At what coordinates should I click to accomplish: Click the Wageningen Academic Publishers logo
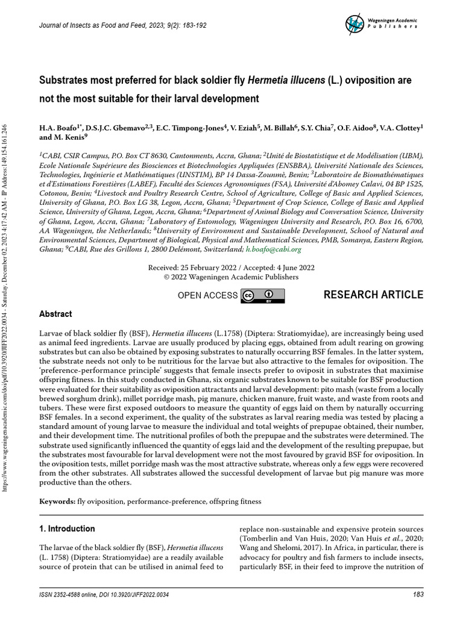[x=381, y=23]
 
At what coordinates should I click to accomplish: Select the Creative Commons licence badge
[x=263, y=295]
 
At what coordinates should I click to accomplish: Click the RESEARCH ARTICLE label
[x=373, y=295]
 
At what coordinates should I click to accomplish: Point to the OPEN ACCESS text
[x=207, y=295]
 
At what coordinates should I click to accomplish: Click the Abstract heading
[x=55, y=314]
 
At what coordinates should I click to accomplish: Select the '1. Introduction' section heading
[x=67, y=529]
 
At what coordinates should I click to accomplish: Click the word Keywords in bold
[x=57, y=501]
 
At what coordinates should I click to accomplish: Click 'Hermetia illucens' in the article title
[x=289, y=80]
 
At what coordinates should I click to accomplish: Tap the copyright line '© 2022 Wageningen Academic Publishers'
[x=231, y=277]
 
